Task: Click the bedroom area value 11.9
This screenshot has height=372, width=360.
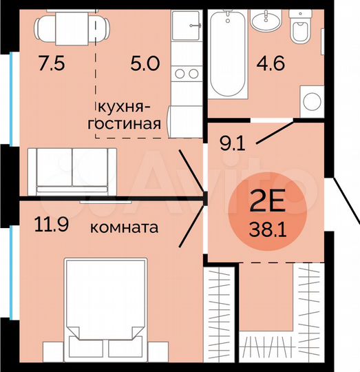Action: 52,225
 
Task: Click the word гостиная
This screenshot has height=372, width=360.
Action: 130,125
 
